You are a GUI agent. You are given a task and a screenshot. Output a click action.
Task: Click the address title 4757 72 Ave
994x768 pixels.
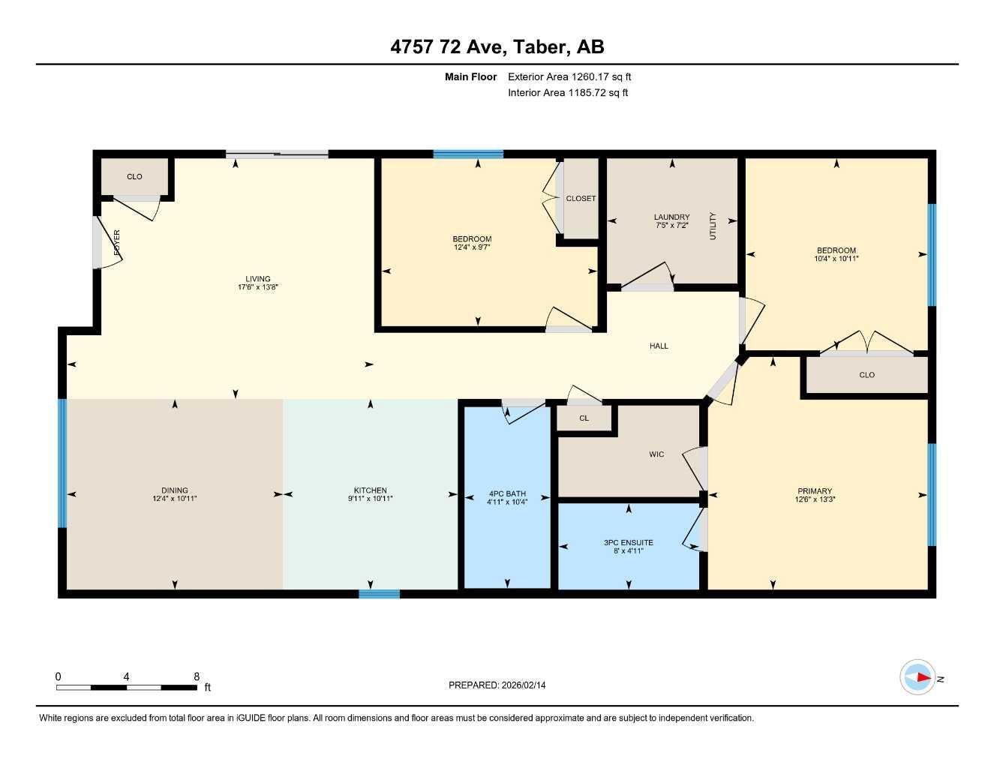(497, 46)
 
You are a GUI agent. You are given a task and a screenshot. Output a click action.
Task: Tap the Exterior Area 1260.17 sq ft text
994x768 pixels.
(569, 76)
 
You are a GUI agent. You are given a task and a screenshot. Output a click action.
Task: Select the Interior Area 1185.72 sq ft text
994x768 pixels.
(568, 93)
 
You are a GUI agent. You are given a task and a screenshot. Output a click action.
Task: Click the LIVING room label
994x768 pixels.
(257, 279)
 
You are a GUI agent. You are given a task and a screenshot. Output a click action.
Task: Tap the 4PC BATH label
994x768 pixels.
(507, 493)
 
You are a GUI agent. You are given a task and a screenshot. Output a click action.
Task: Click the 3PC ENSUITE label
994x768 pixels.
(628, 542)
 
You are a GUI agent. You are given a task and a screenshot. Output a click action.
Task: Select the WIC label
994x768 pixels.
(656, 454)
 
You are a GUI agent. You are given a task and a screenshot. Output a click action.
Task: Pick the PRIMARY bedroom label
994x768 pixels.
(814, 491)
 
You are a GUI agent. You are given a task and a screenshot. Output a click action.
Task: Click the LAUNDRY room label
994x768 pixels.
(671, 217)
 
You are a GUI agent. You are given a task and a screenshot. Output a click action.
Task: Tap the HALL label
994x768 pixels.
(659, 346)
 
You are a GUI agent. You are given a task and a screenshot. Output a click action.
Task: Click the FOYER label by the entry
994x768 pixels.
(116, 243)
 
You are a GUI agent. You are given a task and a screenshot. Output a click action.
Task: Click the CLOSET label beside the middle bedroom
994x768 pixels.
(581, 199)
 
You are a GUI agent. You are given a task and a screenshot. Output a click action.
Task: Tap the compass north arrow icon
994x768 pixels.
(917, 678)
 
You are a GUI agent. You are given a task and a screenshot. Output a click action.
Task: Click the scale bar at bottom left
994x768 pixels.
(126, 687)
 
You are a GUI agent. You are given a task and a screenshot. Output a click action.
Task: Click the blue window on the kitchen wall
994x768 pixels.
(379, 594)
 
